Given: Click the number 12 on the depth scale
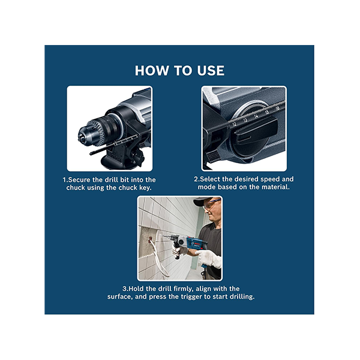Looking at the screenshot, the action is [x=234, y=124].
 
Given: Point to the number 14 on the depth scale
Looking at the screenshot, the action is [x=256, y=116].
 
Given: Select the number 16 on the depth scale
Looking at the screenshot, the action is [x=277, y=108].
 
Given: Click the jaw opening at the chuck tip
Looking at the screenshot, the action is [x=81, y=139].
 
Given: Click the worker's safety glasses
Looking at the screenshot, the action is [x=211, y=205].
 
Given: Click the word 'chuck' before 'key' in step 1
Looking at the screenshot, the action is [x=128, y=188].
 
